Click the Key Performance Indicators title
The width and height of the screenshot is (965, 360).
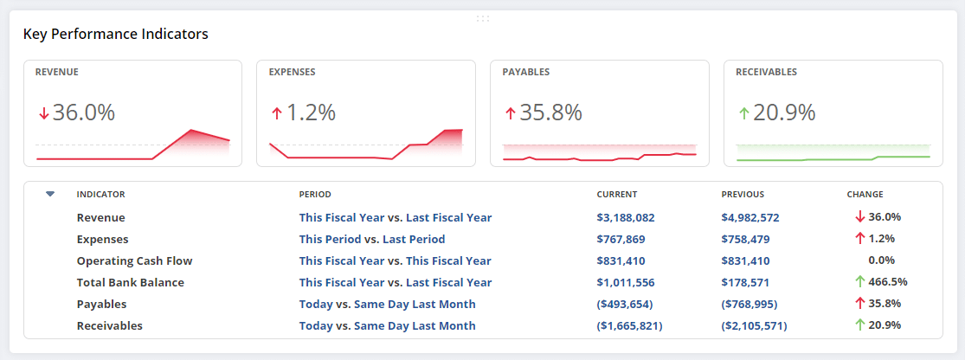[115, 35]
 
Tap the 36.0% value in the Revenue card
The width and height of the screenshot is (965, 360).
[83, 112]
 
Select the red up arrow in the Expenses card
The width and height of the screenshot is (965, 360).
[277, 112]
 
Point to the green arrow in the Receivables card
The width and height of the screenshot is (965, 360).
[743, 112]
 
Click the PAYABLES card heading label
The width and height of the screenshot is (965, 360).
[525, 72]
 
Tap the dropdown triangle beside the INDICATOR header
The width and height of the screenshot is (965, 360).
[50, 194]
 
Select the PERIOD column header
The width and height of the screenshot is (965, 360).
[315, 195]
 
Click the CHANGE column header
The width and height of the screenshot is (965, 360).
[865, 195]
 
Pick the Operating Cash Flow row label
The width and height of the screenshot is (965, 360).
[134, 260]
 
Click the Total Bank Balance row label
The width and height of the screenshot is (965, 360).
[130, 282]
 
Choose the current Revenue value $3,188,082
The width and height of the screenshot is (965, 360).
[626, 217]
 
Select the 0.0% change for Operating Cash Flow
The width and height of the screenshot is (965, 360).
[881, 260]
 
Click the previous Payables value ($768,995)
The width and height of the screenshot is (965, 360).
[749, 304]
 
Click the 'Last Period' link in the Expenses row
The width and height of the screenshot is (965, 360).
[414, 239]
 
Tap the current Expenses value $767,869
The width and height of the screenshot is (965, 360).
[621, 239]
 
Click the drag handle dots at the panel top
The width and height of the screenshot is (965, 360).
[482, 17]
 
